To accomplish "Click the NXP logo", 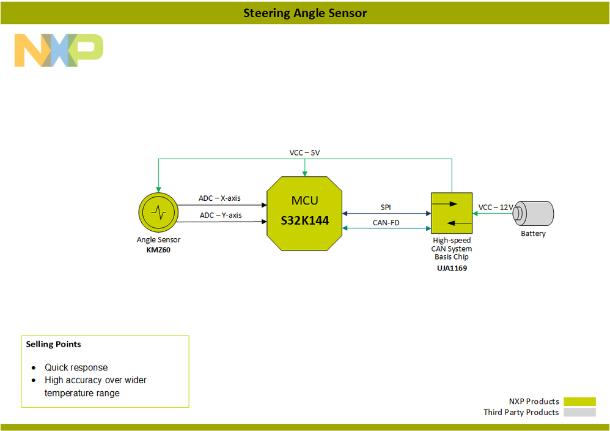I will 59,50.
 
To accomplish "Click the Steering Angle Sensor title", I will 305,13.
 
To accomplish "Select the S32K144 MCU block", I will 304,213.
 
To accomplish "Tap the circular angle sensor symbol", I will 158,212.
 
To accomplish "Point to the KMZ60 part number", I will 158,250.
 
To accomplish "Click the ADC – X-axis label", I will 219,198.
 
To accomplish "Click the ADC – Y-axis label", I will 220,215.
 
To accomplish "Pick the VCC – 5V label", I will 304,152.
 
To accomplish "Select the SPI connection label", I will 386,208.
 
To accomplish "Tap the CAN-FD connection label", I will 386,223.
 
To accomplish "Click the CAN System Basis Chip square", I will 452,213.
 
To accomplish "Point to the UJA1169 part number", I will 452,268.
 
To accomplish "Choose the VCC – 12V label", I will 496,208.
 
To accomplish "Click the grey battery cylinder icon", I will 534,213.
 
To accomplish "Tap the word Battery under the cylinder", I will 533,234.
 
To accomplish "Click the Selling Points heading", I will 53,344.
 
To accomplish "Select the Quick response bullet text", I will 76,367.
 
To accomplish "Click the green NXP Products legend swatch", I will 579,402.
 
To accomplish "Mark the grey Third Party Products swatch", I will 579,413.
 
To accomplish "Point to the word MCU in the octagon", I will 304,200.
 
